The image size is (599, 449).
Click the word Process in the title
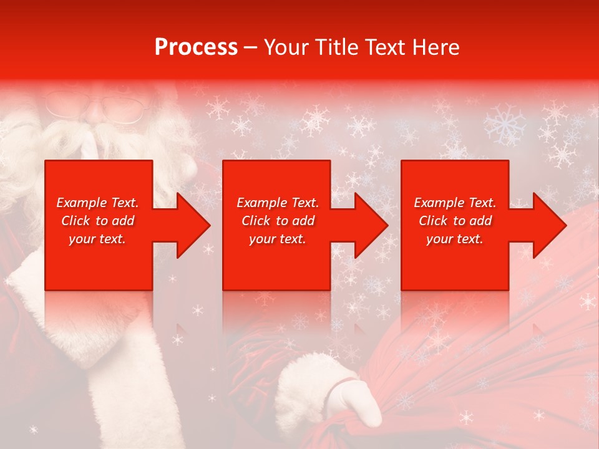tap(196, 47)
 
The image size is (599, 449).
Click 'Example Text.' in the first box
tap(97, 203)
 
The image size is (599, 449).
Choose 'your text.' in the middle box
tap(277, 239)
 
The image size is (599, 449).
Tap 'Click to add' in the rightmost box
tap(455, 221)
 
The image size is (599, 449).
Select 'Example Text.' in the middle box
tap(277, 203)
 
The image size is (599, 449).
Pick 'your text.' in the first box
tap(97, 239)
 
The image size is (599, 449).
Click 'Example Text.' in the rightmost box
tap(455, 203)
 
